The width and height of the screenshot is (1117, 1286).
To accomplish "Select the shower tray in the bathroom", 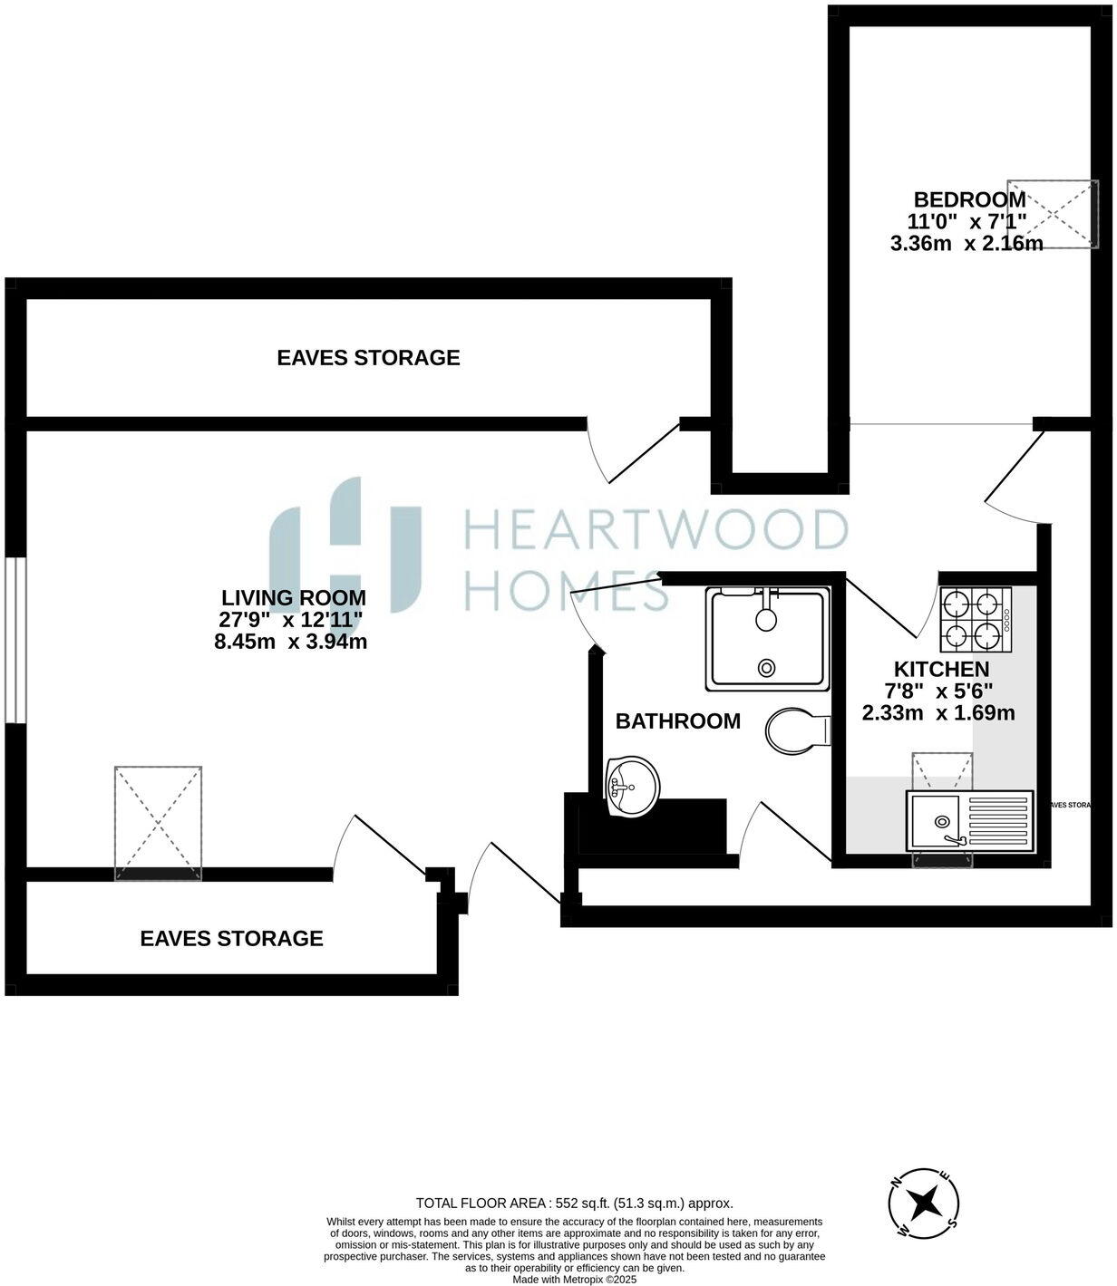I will tap(768, 637).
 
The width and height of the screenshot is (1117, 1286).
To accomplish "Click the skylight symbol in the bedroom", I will tap(1063, 213).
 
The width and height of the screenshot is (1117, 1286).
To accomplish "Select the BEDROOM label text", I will tap(969, 199).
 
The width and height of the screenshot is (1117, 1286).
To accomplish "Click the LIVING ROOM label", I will tap(294, 598).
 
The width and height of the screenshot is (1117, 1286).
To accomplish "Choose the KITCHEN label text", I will tap(941, 670).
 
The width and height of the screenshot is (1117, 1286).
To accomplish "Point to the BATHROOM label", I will tap(677, 721).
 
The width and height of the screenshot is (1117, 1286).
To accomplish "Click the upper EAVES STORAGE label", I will tap(368, 358).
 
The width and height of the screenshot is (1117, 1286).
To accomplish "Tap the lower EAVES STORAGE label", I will tap(231, 938).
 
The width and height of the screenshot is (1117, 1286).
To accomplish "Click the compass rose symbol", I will tap(924, 1204).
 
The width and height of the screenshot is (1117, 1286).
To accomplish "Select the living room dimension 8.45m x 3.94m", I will tap(290, 643).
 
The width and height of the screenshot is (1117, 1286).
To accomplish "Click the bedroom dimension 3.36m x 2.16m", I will tap(966, 244).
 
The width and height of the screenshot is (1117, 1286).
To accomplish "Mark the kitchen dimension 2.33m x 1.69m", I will tap(937, 713).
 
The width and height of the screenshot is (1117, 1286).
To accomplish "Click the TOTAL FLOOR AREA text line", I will tap(574, 1204).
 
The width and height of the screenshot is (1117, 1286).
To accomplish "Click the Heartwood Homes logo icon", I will tap(345, 546).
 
